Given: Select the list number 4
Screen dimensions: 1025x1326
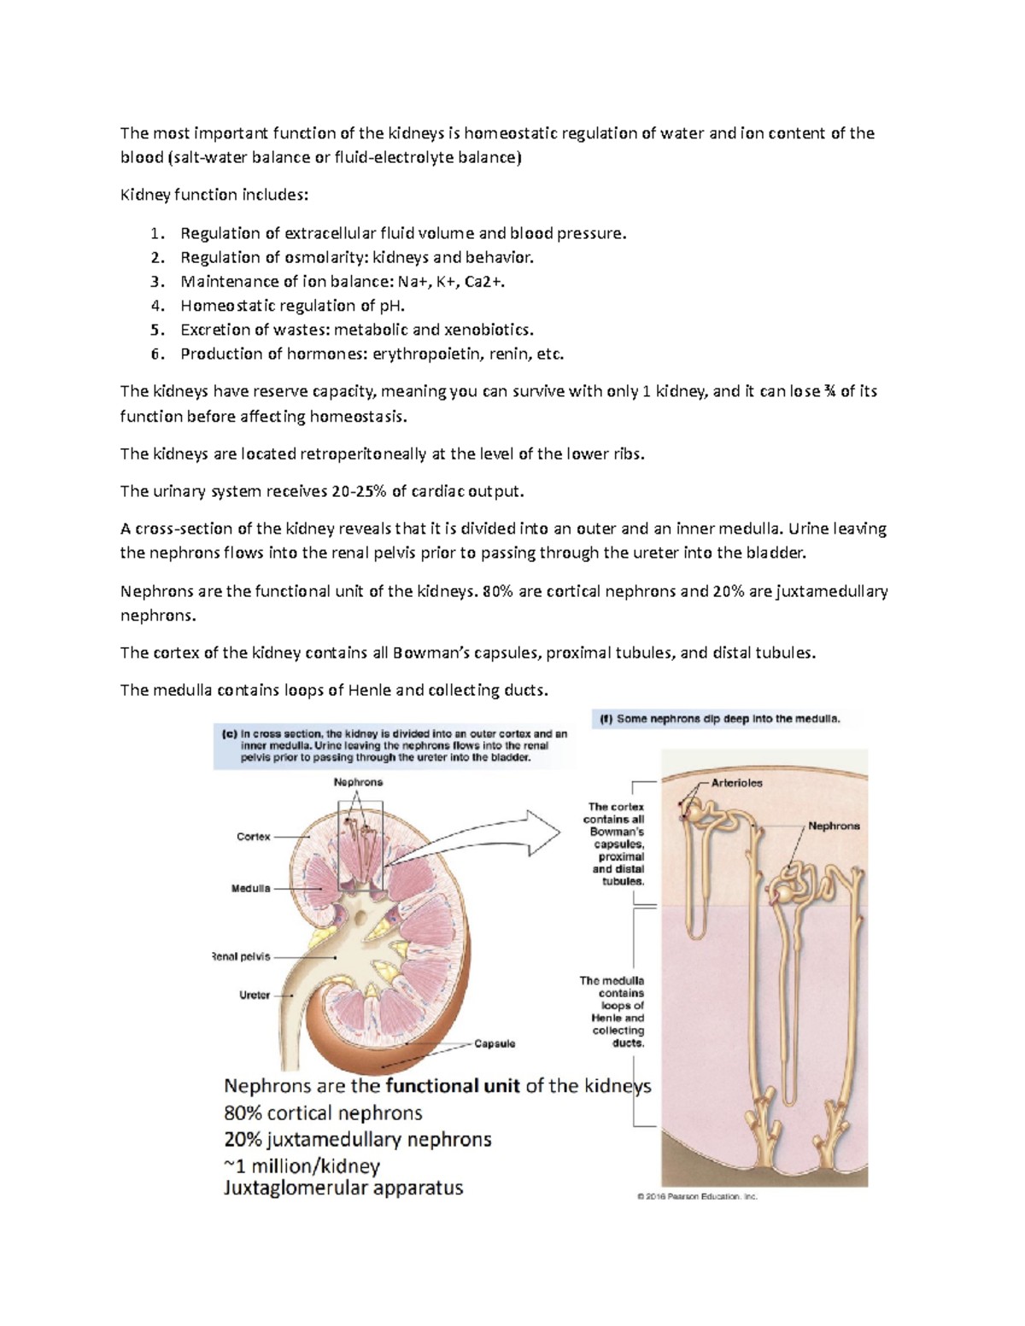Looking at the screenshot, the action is click(x=156, y=306).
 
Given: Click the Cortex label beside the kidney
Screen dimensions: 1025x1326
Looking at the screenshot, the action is click(x=253, y=837).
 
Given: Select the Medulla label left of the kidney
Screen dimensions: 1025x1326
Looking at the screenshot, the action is click(x=250, y=888).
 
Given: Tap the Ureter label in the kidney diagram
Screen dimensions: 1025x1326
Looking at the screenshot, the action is click(x=255, y=995).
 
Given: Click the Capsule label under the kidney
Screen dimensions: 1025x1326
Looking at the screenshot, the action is click(x=495, y=1043).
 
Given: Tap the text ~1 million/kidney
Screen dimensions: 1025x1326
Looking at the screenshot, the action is click(x=302, y=1166).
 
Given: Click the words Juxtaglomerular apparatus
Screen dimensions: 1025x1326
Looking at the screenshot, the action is click(x=343, y=1188).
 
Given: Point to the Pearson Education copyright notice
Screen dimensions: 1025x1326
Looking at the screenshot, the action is click(x=697, y=1196).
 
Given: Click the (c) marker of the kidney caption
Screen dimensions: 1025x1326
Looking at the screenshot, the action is click(x=229, y=733).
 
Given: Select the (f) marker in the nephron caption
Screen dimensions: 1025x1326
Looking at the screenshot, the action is click(x=606, y=719).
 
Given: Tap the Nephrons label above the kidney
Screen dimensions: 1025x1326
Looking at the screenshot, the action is click(x=358, y=782).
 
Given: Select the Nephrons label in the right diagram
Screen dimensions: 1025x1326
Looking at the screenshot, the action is click(x=834, y=826).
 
